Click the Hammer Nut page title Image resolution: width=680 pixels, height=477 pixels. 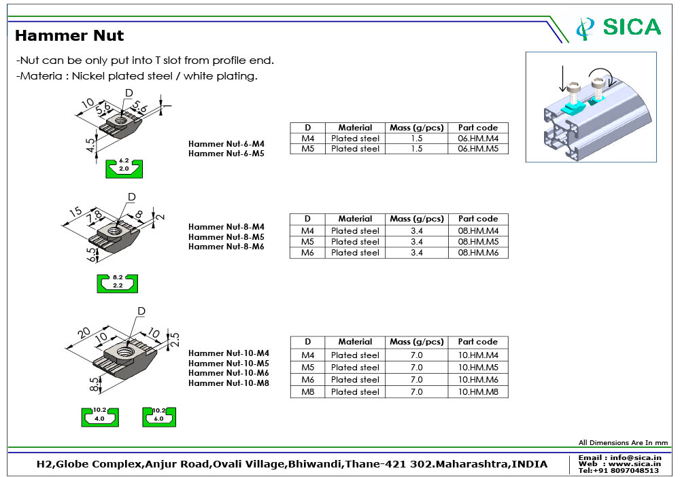click(x=69, y=35)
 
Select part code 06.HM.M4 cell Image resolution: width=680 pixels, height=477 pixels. click(x=477, y=139)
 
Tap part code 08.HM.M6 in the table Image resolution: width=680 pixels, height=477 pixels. click(x=477, y=253)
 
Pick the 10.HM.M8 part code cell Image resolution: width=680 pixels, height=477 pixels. click(x=477, y=392)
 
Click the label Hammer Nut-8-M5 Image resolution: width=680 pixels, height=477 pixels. click(x=226, y=237)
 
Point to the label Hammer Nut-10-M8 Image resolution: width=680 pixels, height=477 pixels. click(x=228, y=383)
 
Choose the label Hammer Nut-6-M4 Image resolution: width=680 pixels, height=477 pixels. click(x=226, y=144)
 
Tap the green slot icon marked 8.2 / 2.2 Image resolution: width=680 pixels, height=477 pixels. click(x=117, y=282)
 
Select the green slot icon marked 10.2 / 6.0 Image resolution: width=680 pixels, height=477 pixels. click(x=159, y=416)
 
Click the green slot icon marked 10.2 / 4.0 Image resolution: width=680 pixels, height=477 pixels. click(x=100, y=416)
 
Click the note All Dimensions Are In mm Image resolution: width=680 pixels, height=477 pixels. click(x=623, y=443)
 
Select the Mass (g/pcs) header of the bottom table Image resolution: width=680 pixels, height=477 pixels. click(x=416, y=342)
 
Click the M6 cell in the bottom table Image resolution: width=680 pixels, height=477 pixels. click(x=307, y=380)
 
